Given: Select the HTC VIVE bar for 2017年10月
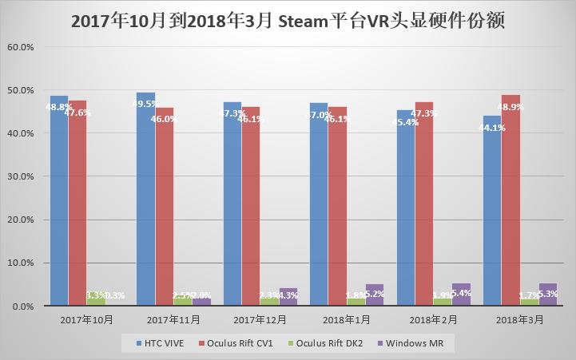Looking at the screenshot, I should tap(58, 200).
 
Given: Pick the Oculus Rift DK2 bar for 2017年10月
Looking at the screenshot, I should tap(95, 299).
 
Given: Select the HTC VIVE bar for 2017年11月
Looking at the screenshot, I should tap(145, 199).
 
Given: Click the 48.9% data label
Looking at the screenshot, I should tap(511, 107).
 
